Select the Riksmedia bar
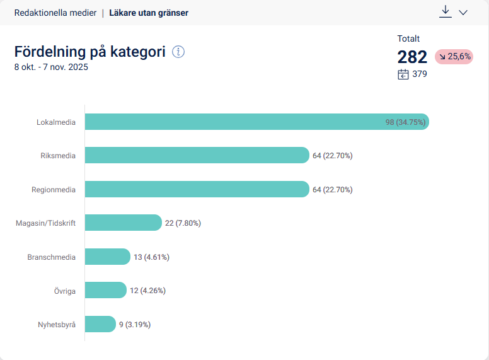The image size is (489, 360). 197,155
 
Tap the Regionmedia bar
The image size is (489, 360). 197,189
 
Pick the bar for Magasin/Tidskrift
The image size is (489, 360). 123,223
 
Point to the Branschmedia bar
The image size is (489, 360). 107,257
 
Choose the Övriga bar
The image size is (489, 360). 105,290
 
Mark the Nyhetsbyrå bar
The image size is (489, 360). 100,324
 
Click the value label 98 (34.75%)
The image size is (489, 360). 406,122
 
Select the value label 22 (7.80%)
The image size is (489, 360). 183,223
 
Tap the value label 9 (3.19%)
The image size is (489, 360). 135,325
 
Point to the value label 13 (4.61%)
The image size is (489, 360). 151,257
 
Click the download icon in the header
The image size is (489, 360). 446,12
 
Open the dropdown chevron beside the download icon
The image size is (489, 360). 463,13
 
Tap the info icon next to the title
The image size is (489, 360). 178,52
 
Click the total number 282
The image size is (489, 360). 412,57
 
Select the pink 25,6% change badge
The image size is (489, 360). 454,57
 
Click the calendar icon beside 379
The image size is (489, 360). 403,74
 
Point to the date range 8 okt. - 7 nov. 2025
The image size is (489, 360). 51,67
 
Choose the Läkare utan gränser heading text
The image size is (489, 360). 149,13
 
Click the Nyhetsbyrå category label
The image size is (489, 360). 57,325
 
